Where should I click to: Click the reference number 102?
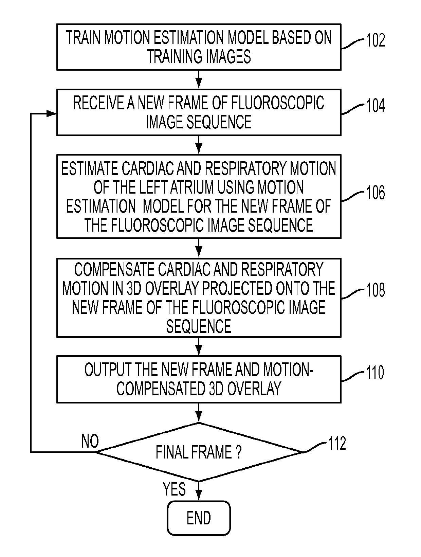(x=376, y=40)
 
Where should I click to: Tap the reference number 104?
(x=376, y=105)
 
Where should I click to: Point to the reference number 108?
(x=376, y=290)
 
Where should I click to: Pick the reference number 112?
(x=337, y=443)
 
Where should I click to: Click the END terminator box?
(x=199, y=518)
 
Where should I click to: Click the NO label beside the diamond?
(x=90, y=441)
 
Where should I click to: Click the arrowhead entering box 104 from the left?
(x=52, y=113)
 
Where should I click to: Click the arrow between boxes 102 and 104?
(x=199, y=79)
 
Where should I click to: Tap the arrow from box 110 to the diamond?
(x=199, y=412)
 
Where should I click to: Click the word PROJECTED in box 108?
(x=238, y=288)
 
